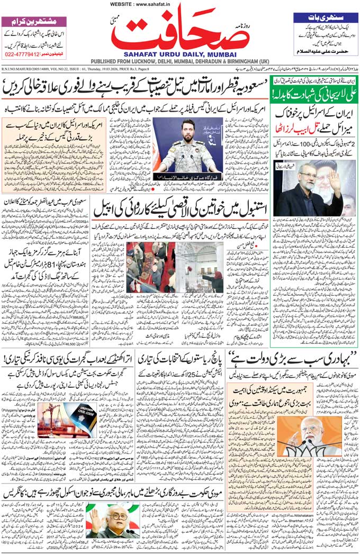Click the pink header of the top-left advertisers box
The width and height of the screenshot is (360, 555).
pos(34,22)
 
